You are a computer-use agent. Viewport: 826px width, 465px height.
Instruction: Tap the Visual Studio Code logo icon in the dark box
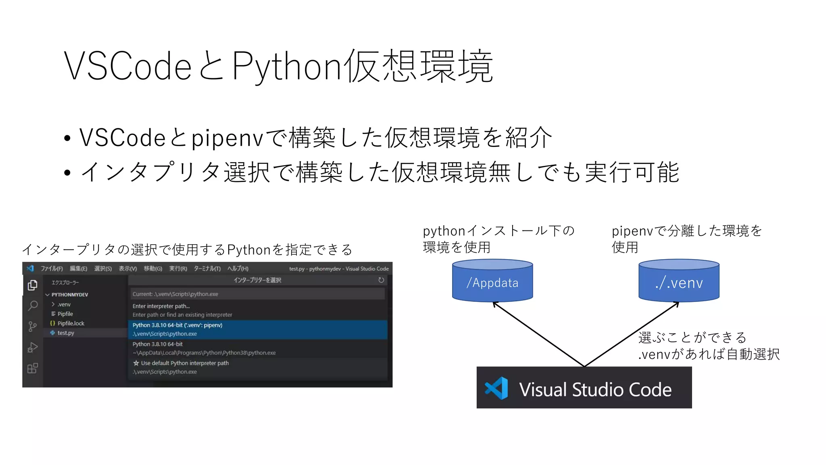496,388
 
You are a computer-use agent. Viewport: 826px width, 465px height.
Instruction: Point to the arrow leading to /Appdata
538,334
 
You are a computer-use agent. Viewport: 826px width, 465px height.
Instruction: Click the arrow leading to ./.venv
632,334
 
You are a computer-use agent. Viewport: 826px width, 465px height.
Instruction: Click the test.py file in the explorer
66,333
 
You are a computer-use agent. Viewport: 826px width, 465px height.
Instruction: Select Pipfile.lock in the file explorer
71,323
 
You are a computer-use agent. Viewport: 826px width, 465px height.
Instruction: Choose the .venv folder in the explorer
64,304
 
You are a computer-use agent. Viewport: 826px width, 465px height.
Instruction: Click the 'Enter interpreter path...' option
161,306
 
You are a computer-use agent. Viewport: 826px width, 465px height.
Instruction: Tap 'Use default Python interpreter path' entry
185,363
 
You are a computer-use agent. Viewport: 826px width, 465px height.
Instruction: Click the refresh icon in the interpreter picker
381,280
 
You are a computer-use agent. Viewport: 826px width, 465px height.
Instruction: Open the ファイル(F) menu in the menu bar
52,268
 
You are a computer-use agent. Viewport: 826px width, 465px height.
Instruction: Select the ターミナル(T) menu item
207,268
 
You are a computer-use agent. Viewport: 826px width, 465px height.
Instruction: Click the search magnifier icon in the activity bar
33,306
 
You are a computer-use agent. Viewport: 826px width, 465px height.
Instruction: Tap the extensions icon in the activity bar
33,368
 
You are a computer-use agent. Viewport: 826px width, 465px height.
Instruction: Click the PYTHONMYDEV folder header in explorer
69,295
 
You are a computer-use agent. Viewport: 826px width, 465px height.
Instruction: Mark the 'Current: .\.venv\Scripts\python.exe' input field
257,294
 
